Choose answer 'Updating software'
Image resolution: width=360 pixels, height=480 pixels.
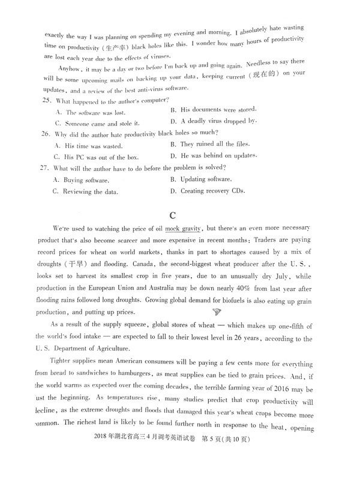pyautogui.click(x=206, y=179)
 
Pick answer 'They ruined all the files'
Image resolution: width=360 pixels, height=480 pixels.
pyautogui.click(x=215, y=145)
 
